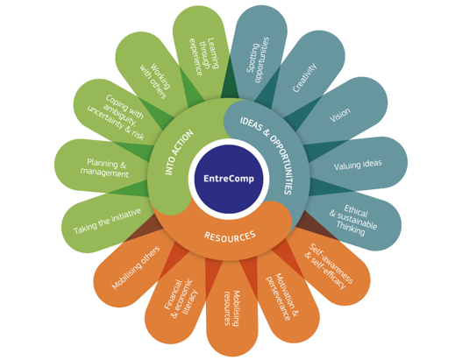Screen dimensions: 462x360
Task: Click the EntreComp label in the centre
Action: pyautogui.click(x=229, y=179)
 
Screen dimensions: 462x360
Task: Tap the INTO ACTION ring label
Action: pyautogui.click(x=179, y=152)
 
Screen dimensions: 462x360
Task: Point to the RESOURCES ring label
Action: pyautogui.click(x=230, y=236)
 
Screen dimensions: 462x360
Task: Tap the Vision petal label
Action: pyautogui.click(x=340, y=115)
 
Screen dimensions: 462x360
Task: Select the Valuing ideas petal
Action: pyautogui.click(x=358, y=165)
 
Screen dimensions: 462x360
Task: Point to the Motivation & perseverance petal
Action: pyautogui.click(x=282, y=297)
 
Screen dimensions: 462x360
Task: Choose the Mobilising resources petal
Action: pyautogui.click(x=231, y=308)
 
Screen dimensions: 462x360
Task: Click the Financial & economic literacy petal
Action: pyautogui.click(x=181, y=298)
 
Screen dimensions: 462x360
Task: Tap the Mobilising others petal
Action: pyautogui.click(x=136, y=267)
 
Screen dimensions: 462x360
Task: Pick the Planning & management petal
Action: pyautogui.click(x=104, y=168)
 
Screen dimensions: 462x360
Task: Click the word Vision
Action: pyautogui.click(x=340, y=115)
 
